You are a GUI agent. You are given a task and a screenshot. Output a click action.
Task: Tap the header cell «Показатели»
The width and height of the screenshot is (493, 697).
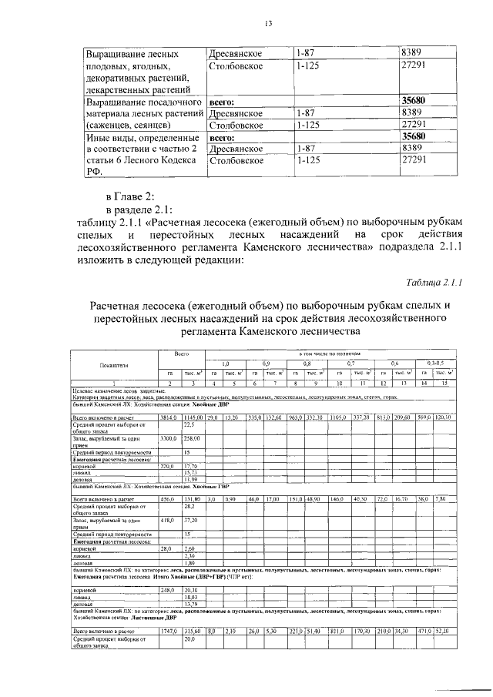point(114,365)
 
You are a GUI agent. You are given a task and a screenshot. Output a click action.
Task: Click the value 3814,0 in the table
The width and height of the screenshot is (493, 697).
point(168,417)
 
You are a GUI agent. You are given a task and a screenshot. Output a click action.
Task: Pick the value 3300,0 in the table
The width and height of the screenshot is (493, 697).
point(168,437)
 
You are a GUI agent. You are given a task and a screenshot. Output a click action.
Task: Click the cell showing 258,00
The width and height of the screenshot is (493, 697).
point(190,437)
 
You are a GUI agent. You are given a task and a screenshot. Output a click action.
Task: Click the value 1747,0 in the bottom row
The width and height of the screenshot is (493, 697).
point(169,631)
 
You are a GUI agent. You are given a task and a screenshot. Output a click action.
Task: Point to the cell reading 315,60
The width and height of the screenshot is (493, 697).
point(191,631)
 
